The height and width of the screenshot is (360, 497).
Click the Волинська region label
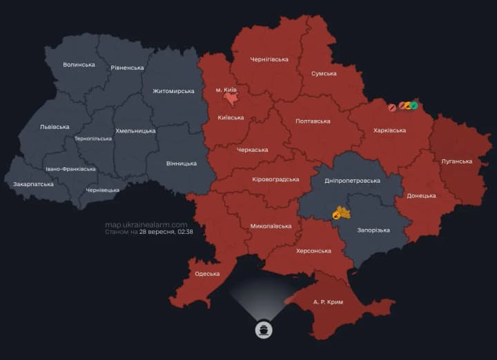coord(79,65)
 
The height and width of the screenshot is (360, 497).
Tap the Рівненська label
coord(127,68)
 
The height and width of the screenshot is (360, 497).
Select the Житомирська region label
coord(173,91)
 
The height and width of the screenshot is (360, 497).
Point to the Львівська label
coord(55,127)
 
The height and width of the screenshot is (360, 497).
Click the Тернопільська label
coord(93,139)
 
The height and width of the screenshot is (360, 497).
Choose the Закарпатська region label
coord(34,184)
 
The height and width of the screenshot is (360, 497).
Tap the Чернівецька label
coord(102,190)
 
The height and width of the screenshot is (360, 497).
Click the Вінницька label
coord(182,163)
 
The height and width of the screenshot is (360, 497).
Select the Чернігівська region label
coord(269,59)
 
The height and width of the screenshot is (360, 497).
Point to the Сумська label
coord(324,73)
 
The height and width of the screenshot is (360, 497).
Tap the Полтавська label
coord(313,121)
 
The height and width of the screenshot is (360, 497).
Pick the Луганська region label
coord(457,161)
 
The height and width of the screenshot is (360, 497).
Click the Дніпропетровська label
coord(352,180)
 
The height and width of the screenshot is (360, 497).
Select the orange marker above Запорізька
coord(340,213)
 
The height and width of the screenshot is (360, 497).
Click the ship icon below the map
coord(263,330)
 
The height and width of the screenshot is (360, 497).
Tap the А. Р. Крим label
coord(328,302)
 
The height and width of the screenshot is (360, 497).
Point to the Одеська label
coord(207,274)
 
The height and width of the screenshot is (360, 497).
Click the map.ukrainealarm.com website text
coord(146,225)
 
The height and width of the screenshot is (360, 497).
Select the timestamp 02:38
coord(184,232)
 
